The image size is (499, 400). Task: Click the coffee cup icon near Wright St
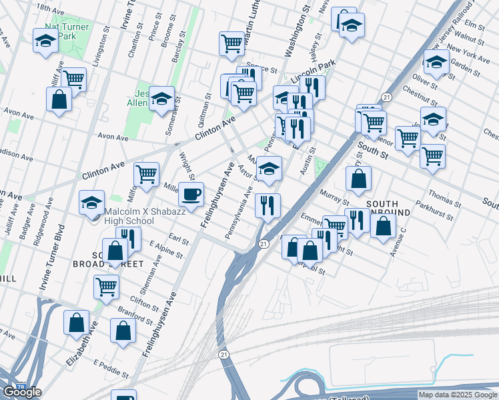(x=191, y=194)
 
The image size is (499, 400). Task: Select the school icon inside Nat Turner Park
(x=46, y=40)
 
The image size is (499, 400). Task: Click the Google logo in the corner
(x=21, y=391)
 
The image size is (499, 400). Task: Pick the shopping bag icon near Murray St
(x=359, y=179)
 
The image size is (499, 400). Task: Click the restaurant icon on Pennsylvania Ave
(x=268, y=205)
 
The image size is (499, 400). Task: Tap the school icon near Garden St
(x=436, y=63)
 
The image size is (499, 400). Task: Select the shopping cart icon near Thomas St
(x=432, y=156)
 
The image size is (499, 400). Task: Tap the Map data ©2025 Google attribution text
(x=458, y=395)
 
